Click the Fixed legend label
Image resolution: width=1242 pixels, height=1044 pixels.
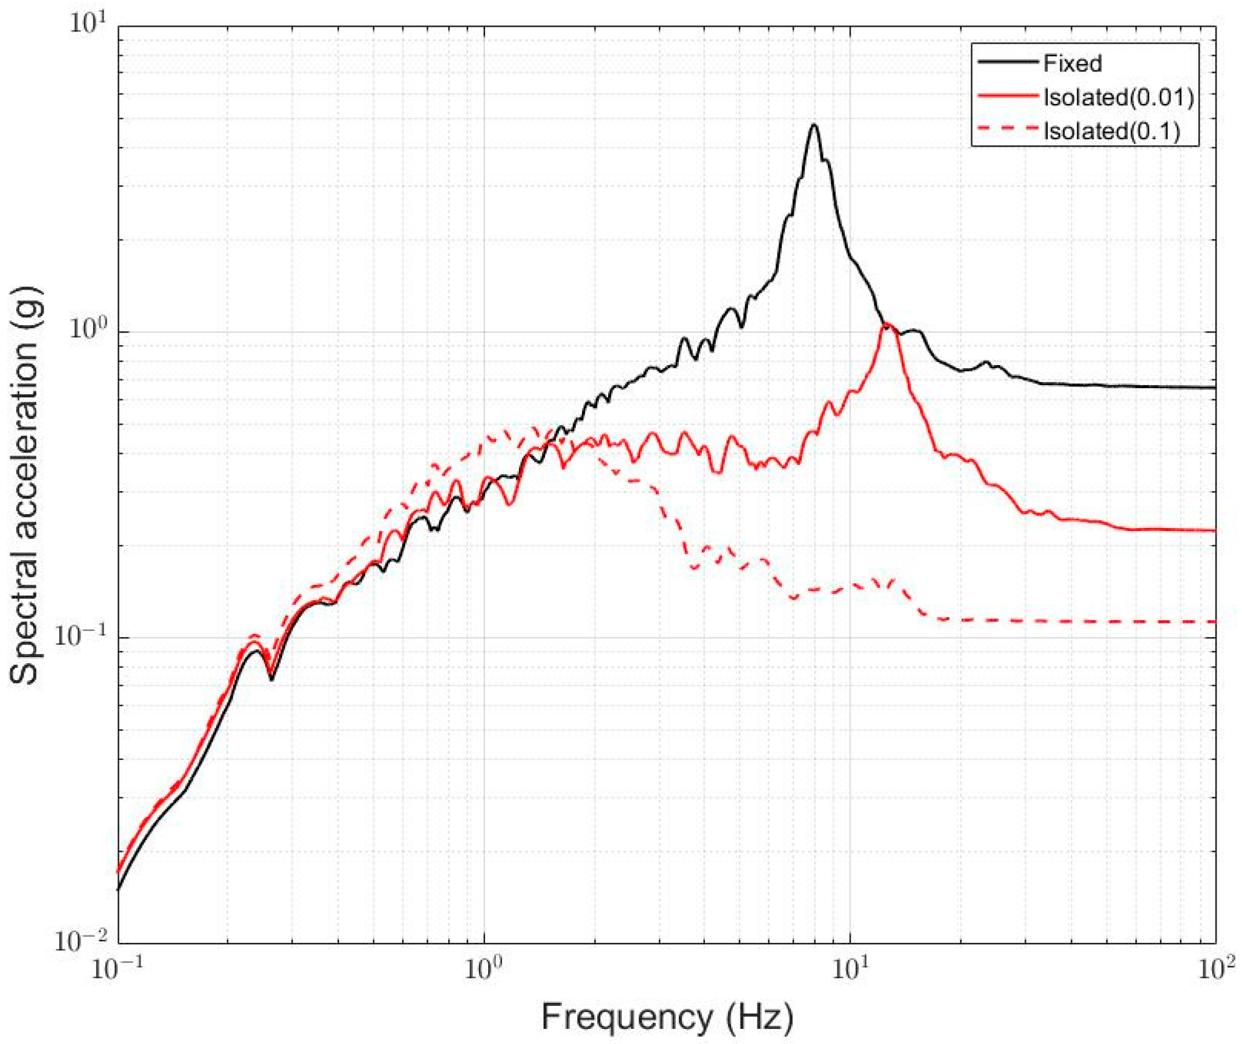coord(1072,64)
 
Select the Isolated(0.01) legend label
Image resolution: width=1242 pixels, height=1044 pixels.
coord(1118,97)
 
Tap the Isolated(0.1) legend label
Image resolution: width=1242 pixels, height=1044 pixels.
coord(1112,131)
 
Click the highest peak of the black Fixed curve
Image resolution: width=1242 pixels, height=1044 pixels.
coord(814,125)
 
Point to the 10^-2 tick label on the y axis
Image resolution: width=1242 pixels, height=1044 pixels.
coord(81,940)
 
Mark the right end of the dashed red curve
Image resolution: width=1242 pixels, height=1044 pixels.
coord(1215,621)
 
